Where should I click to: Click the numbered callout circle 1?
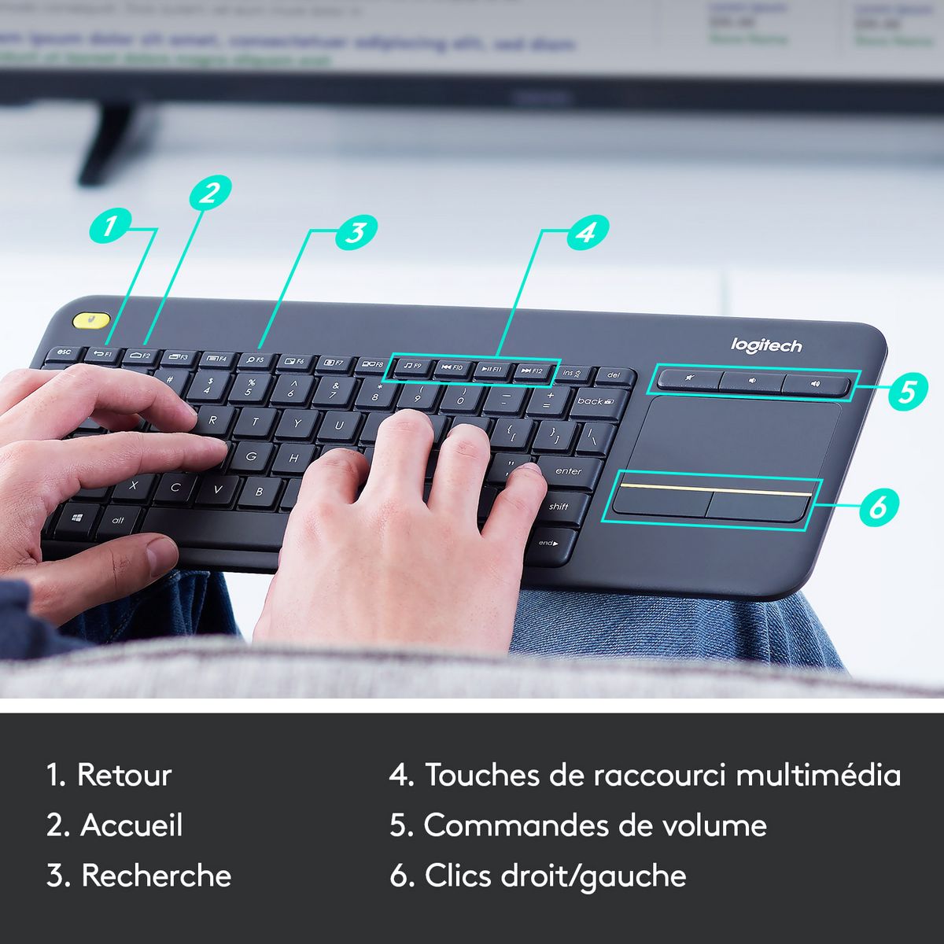(x=109, y=226)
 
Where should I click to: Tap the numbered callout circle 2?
(x=208, y=192)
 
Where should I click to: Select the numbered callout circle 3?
(x=356, y=232)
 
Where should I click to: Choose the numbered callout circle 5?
(x=908, y=390)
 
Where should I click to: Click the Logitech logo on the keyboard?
(x=766, y=345)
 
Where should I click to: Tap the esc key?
(x=63, y=353)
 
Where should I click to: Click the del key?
(x=614, y=375)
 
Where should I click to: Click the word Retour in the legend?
(x=124, y=775)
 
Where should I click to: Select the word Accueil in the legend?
(x=131, y=825)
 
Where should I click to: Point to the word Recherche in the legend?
(x=157, y=876)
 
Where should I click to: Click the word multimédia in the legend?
(x=818, y=775)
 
